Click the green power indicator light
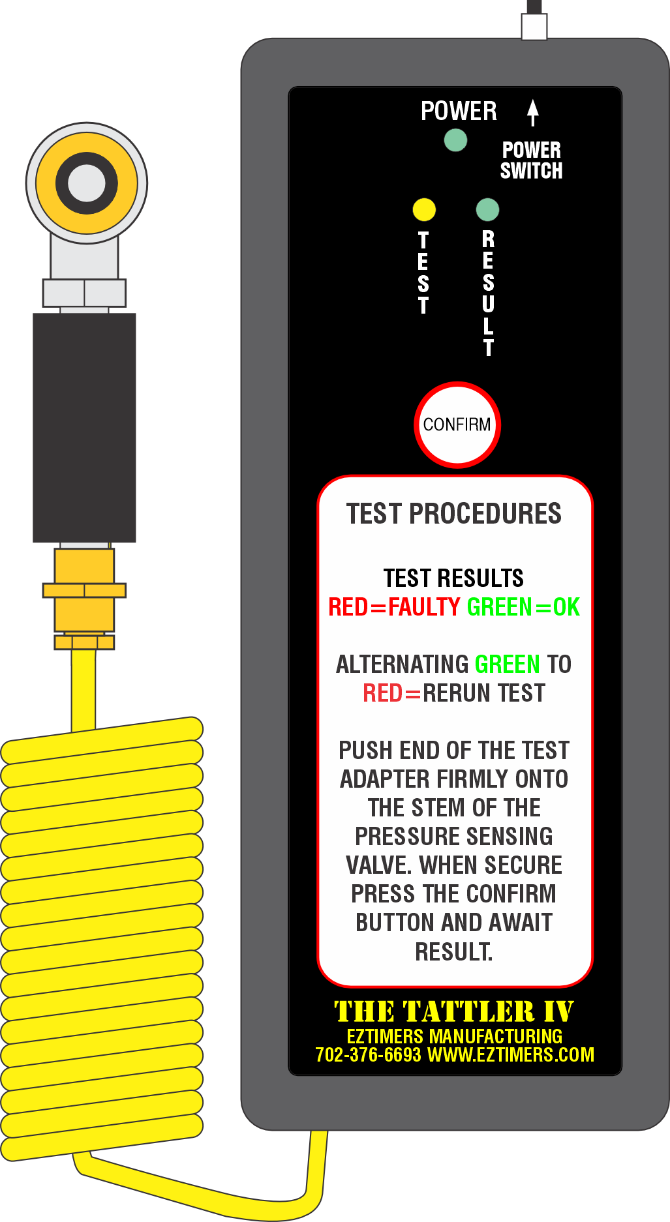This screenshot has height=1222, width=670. [455, 140]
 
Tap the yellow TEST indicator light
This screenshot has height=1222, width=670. [424, 209]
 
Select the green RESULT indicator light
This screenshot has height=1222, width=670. [487, 209]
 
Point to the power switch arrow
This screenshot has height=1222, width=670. [533, 112]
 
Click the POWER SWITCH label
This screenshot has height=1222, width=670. [531, 160]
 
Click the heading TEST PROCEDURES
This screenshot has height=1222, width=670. [454, 514]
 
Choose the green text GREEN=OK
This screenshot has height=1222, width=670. [523, 607]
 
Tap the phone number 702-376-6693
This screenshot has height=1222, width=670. [368, 1054]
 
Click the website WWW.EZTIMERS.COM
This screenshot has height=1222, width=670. [511, 1054]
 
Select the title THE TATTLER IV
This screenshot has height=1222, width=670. [454, 1011]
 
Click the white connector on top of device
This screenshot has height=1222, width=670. [534, 26]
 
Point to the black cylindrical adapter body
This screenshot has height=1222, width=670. [84, 428]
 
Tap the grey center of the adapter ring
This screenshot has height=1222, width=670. [87, 183]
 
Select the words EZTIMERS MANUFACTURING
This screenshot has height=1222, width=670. [455, 1036]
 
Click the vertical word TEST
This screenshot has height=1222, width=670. [423, 273]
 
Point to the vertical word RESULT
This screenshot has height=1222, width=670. [488, 293]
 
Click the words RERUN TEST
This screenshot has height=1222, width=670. [484, 693]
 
